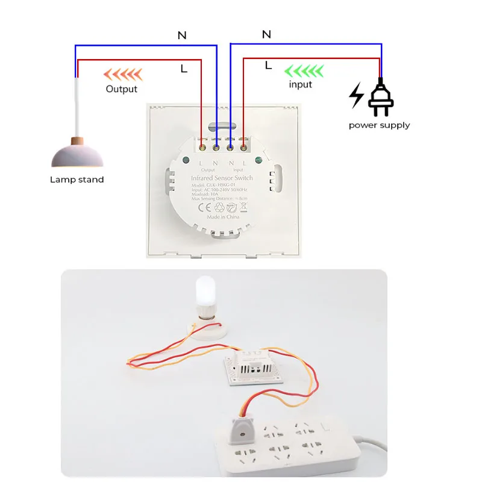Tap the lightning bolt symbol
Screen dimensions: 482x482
[357, 96]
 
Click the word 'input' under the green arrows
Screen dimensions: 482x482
[300, 84]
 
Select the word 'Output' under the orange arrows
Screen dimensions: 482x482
[122, 89]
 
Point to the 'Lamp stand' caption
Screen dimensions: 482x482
[77, 180]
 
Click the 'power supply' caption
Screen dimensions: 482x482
[379, 125]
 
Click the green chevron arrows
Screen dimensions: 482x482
[304, 71]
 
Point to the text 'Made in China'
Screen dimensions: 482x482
[222, 217]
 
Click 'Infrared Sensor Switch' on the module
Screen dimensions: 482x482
[222, 178]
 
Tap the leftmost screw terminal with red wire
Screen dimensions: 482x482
[201, 145]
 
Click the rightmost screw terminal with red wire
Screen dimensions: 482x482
[243, 145]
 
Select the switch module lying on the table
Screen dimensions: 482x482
[254, 365]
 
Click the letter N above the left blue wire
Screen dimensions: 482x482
[182, 36]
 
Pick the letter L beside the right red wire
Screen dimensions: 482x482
[268, 65]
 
